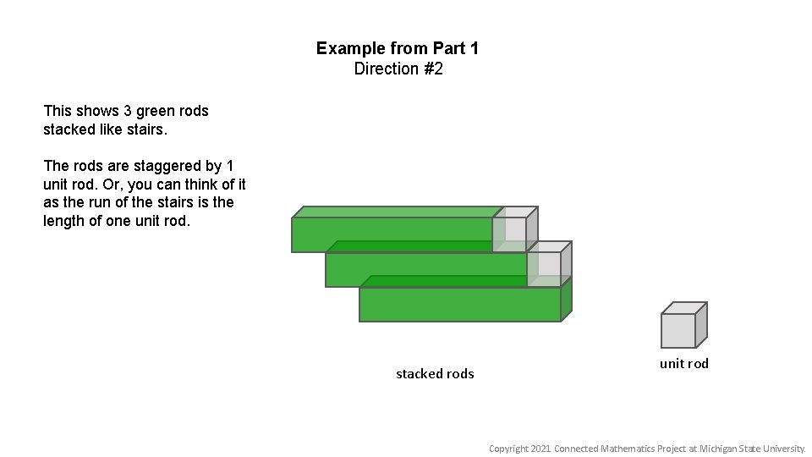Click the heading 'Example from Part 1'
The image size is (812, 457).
pos(398,48)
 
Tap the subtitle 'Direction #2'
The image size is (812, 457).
pos(398,69)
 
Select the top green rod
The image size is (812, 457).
pos(392,234)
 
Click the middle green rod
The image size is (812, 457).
pos(425,269)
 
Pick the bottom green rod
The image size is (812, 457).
pos(459,304)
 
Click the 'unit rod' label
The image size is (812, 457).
pos(684,363)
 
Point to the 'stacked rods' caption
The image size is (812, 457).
pos(435,373)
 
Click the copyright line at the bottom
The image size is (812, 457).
pos(647,449)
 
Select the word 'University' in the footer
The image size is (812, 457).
pos(783,449)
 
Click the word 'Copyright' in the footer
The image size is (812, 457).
pos(508,449)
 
